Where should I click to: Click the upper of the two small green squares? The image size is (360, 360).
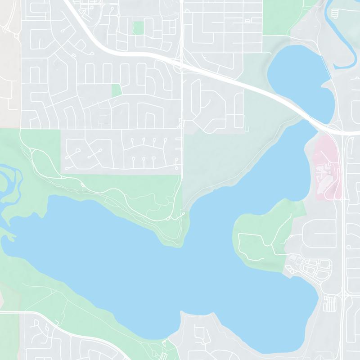[139, 27]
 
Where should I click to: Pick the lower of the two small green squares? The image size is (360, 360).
[117, 90]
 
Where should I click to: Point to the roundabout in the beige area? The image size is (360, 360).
[17, 36]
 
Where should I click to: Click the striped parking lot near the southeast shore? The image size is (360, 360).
[330, 302]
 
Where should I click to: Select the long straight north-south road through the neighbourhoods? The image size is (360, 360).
[182, 135]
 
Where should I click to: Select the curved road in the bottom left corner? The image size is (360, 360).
[67, 326]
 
